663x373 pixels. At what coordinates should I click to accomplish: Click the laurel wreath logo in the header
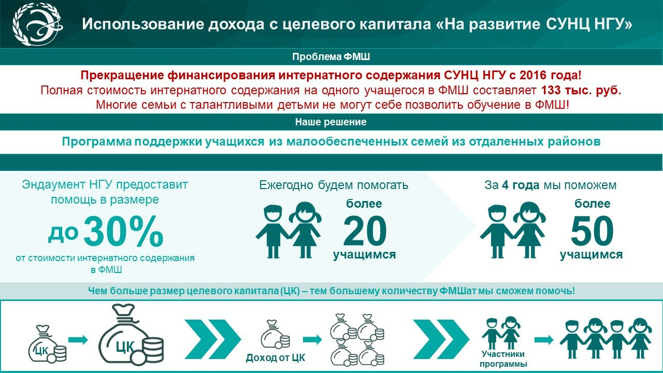point(38,24)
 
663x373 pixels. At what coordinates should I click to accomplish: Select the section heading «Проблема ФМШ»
point(331,57)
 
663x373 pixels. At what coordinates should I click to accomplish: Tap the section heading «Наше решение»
point(331,122)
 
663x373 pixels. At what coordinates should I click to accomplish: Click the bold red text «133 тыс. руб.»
point(581,90)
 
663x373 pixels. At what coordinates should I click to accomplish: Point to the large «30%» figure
point(123,231)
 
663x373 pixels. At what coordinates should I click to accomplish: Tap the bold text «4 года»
point(521,185)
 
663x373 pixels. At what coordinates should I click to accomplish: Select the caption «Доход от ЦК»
point(275,357)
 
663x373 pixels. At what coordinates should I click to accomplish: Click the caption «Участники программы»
point(503,359)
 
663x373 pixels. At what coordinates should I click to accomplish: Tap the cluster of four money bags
point(357,339)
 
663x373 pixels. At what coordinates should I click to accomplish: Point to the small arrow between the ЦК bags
point(78,339)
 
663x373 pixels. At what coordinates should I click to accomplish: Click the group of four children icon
point(606,338)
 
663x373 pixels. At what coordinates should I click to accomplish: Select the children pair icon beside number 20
point(289,230)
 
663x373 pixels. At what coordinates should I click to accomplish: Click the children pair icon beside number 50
point(513,230)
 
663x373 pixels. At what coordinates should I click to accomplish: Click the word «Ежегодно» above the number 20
point(286,185)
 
